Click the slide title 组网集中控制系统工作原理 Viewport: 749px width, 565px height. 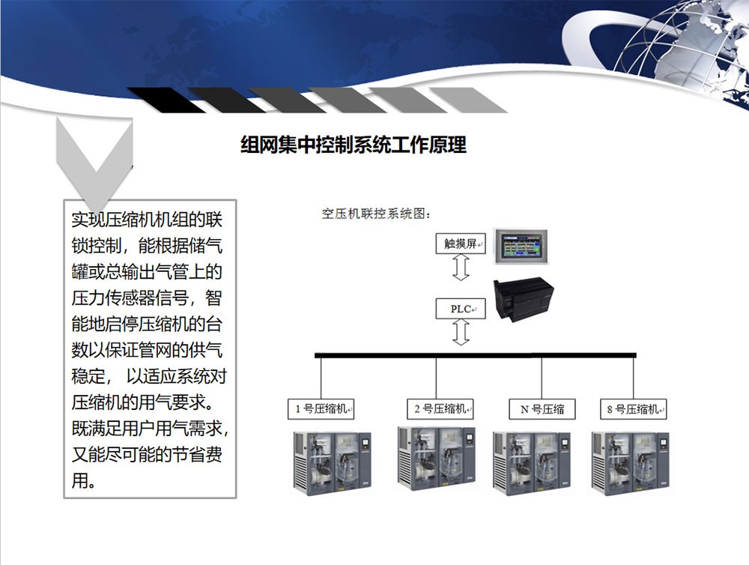354,145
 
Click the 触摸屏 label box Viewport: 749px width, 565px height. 461,244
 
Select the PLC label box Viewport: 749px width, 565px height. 461,309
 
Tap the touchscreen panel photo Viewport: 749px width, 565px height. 521,247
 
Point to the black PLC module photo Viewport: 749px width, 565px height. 523,299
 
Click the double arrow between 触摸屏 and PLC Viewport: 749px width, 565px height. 461,267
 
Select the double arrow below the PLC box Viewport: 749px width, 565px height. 461,332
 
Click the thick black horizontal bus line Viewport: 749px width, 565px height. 476,355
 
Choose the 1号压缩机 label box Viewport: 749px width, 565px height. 321,409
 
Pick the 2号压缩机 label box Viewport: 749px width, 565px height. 440,409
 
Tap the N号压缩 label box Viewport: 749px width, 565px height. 542,409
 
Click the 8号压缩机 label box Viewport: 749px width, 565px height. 634,409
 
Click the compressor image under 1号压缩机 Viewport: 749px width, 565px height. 333,463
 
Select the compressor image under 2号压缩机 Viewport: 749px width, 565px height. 437,459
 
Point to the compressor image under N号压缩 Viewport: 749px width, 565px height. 532,463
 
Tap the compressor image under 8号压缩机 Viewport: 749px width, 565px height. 631,463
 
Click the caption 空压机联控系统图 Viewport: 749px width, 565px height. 377,214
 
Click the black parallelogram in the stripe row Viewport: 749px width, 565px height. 167,100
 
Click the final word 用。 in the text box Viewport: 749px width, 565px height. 84,480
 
